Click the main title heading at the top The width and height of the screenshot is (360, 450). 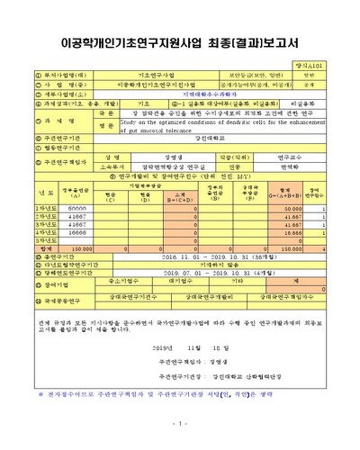click(x=179, y=41)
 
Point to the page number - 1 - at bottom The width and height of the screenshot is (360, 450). click(x=179, y=423)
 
